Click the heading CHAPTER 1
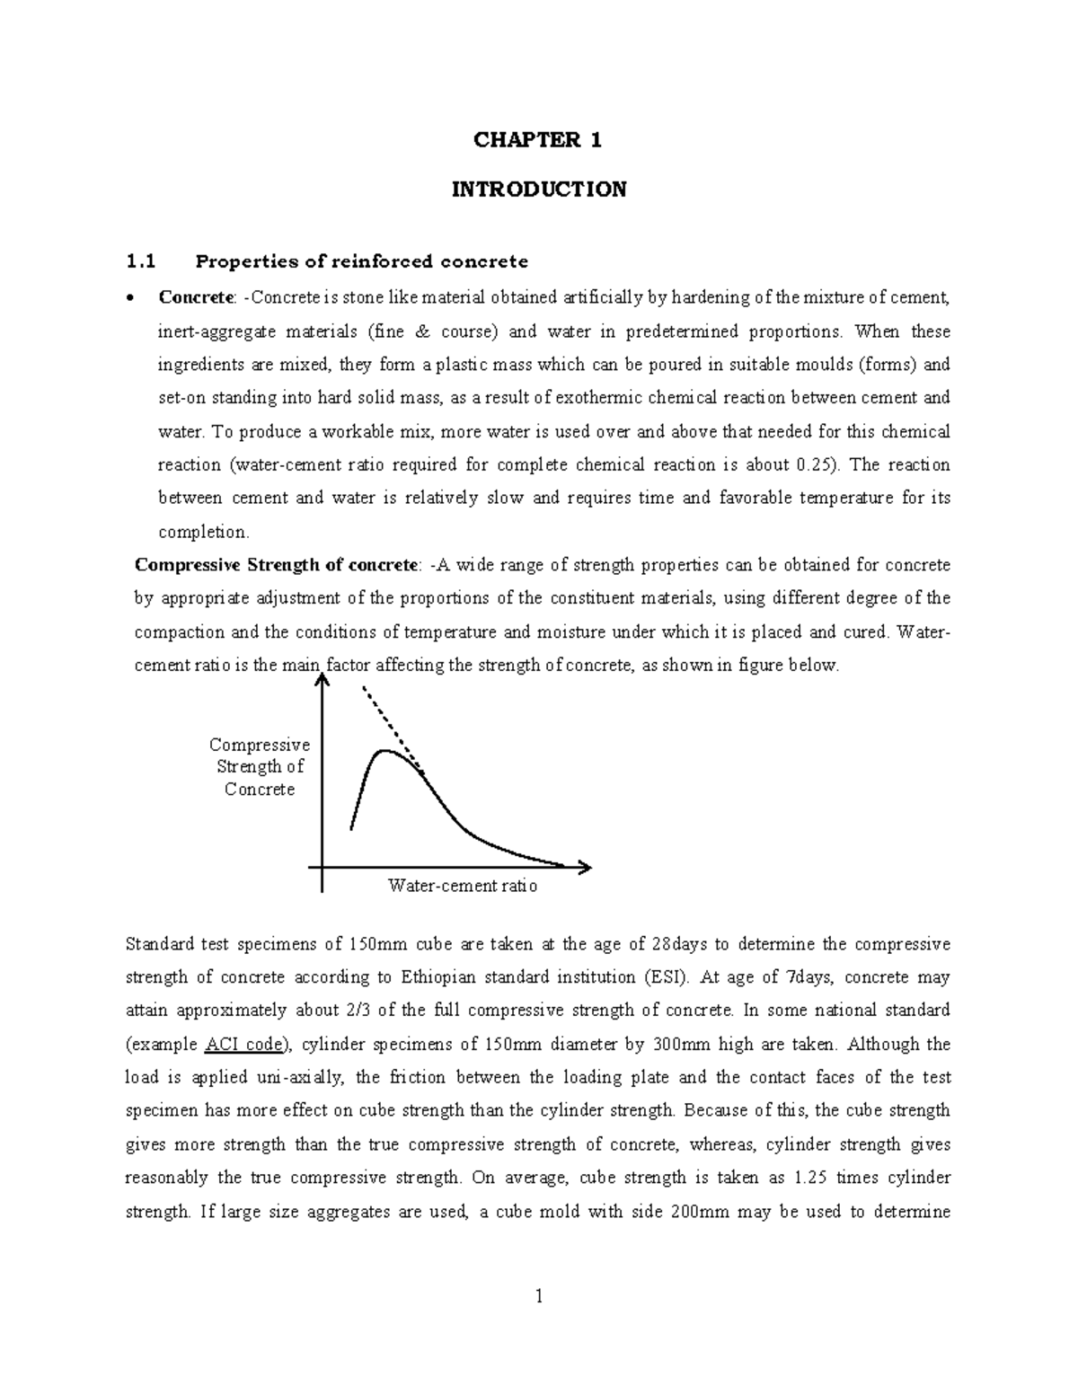[538, 140]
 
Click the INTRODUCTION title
[538, 190]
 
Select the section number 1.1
[141, 262]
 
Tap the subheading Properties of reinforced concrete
[362, 262]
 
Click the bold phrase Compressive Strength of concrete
[276, 565]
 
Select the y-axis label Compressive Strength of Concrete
[260, 767]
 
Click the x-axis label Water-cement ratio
[462, 886]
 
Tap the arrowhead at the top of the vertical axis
[322, 683]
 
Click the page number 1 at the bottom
[539, 1296]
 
